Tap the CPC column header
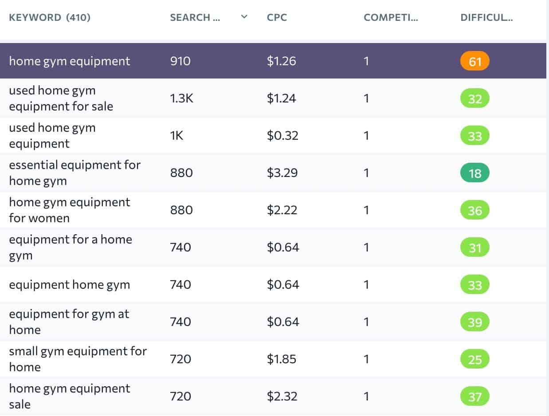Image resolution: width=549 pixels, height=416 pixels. click(277, 18)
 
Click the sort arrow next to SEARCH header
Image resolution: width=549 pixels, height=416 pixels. click(243, 17)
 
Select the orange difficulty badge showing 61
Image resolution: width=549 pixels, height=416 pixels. click(474, 61)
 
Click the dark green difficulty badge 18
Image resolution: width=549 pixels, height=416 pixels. click(474, 173)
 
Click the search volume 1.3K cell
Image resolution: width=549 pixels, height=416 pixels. click(182, 98)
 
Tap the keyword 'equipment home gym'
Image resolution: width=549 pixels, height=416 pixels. click(70, 284)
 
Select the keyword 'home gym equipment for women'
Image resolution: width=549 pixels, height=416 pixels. click(70, 210)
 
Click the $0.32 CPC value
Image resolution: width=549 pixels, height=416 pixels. click(282, 135)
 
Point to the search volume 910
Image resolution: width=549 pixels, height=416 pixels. click(180, 61)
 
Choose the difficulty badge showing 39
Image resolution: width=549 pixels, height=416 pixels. click(474, 322)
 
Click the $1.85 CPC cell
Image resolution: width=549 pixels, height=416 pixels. click(282, 359)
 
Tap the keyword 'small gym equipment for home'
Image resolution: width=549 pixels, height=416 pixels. click(78, 359)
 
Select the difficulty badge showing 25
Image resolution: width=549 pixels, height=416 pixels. click(474, 359)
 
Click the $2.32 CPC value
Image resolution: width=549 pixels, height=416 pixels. click(282, 396)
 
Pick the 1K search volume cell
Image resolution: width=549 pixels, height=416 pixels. click(176, 135)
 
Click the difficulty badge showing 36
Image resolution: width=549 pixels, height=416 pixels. click(474, 210)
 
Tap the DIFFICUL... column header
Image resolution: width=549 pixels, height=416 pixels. click(486, 18)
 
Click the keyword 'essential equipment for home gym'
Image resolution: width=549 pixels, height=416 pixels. click(75, 173)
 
